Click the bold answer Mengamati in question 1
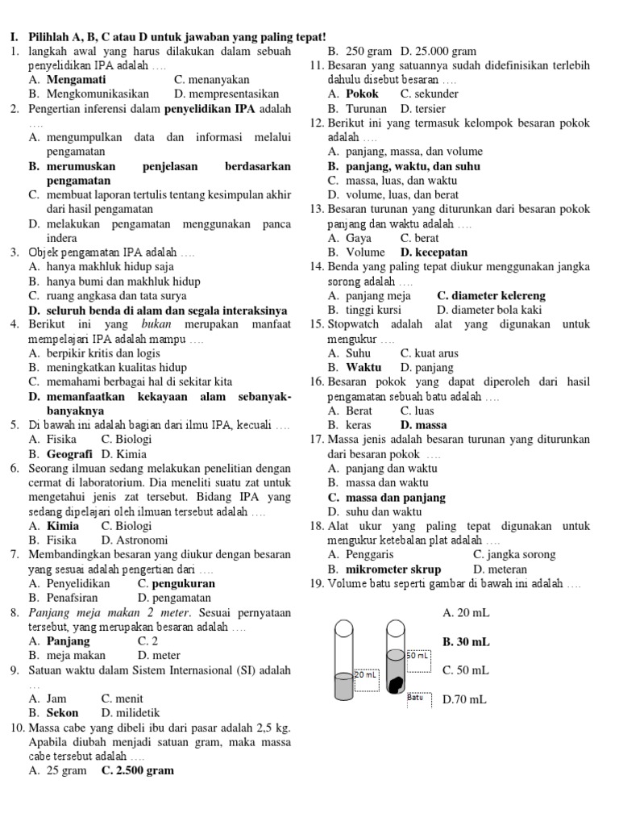pyautogui.click(x=74, y=80)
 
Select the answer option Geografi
pyautogui.click(x=75, y=454)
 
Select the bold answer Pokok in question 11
pyautogui.click(x=362, y=94)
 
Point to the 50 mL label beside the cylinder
pyautogui.click(x=418, y=656)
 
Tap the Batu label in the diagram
pyautogui.click(x=416, y=697)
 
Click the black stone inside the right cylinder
pyautogui.click(x=395, y=684)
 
